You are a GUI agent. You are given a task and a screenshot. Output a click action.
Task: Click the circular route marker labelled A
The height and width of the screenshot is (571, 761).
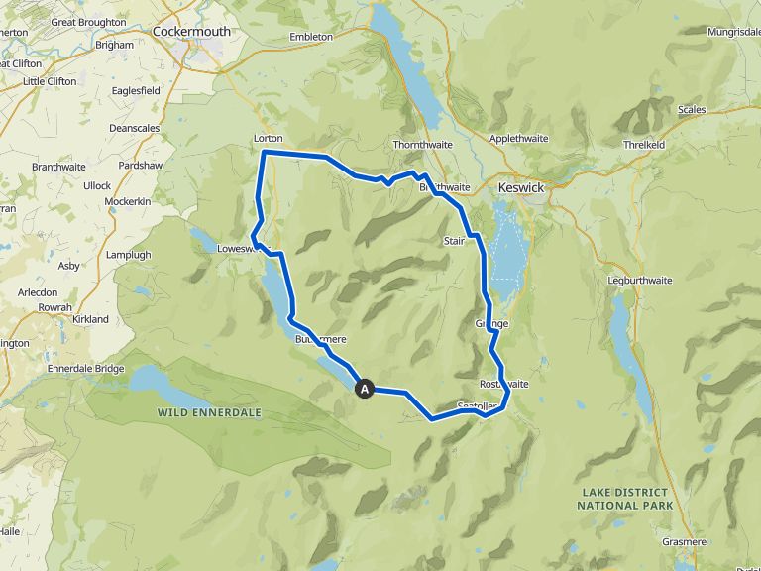coord(365,390)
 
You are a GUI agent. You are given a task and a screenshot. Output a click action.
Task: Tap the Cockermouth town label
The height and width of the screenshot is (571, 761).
coord(192,32)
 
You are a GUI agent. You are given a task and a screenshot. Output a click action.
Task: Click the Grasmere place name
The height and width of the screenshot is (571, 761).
coord(685,542)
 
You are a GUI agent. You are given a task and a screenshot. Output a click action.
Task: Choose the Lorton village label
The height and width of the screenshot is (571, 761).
coord(268,138)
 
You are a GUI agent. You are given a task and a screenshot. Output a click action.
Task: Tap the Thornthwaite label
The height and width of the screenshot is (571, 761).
coord(423,144)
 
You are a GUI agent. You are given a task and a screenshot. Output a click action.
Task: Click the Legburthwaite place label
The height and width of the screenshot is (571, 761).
coord(639,281)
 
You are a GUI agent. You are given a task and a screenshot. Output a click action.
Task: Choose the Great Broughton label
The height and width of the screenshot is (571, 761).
coord(88,22)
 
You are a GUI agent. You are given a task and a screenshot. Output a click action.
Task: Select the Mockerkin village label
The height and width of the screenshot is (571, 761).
coord(127,201)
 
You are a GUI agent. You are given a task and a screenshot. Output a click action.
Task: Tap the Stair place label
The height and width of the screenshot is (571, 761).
coord(454,241)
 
